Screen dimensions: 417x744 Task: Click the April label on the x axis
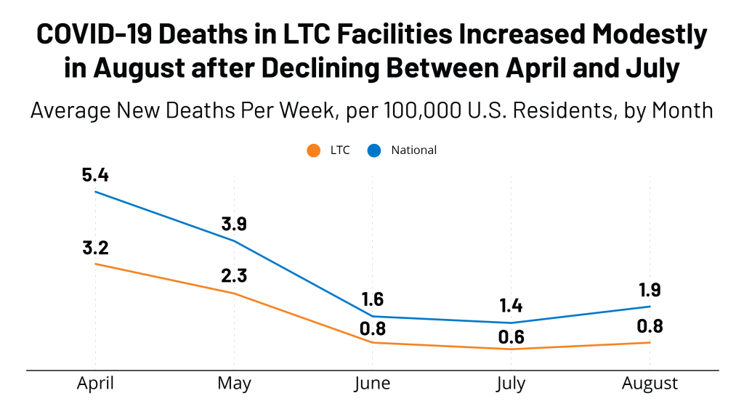[95, 383]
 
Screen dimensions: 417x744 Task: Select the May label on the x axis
[234, 383]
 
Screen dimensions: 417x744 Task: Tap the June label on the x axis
[372, 384]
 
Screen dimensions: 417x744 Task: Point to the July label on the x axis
[511, 384]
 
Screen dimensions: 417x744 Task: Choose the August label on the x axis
[650, 384]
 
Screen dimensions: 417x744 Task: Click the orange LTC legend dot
[313, 150]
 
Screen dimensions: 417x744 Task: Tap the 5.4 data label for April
[95, 174]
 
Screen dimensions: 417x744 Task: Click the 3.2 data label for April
[95, 248]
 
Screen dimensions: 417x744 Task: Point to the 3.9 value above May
[234, 224]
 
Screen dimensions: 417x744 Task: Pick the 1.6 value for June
[372, 299]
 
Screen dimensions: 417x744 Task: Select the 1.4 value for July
[511, 306]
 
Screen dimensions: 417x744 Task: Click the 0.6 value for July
[511, 337]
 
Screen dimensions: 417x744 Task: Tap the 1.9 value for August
[650, 290]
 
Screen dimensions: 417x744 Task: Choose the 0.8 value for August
[650, 326]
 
